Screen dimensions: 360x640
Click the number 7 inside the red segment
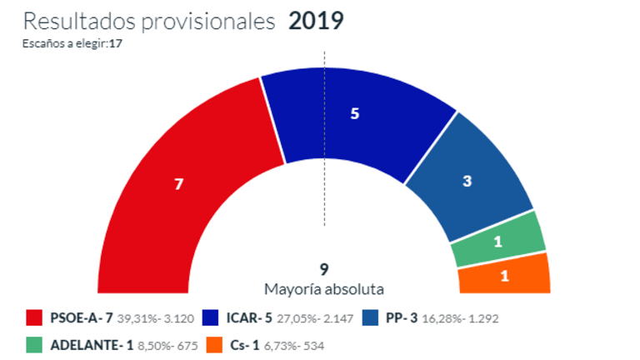pyautogui.click(x=177, y=185)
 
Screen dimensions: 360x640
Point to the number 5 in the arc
pyautogui.click(x=354, y=114)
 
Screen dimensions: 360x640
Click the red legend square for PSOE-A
pyautogui.click(x=35, y=317)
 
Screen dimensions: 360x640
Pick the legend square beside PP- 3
pyautogui.click(x=370, y=317)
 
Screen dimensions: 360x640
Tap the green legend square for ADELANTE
pyautogui.click(x=35, y=343)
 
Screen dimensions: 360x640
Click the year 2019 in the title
pyautogui.click(x=316, y=21)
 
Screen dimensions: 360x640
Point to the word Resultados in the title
pyautogui.click(x=72, y=21)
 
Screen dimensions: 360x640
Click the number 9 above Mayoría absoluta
pyautogui.click(x=323, y=269)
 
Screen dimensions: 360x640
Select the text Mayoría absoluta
pyautogui.click(x=324, y=289)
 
